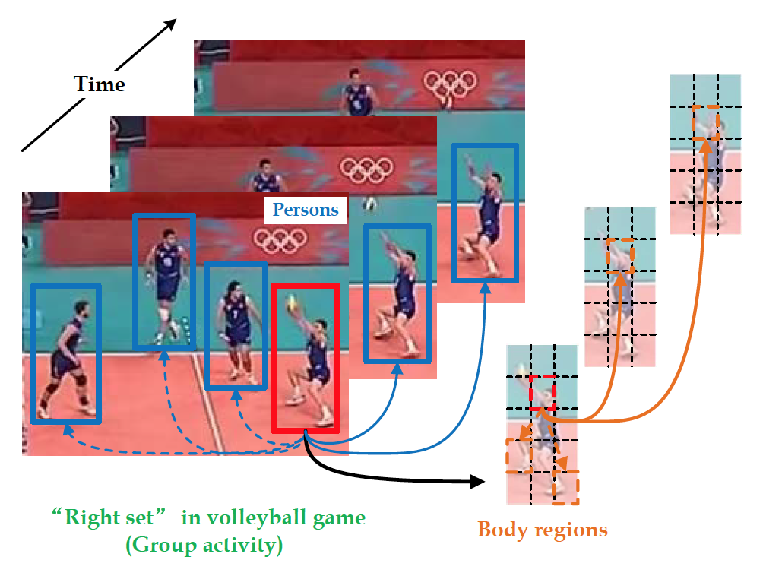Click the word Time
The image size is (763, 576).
(x=99, y=84)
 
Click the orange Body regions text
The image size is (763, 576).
(x=543, y=530)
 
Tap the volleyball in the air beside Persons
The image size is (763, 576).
(x=369, y=204)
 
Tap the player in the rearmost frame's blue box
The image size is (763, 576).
(x=485, y=213)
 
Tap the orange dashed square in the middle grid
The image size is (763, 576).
(x=620, y=252)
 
